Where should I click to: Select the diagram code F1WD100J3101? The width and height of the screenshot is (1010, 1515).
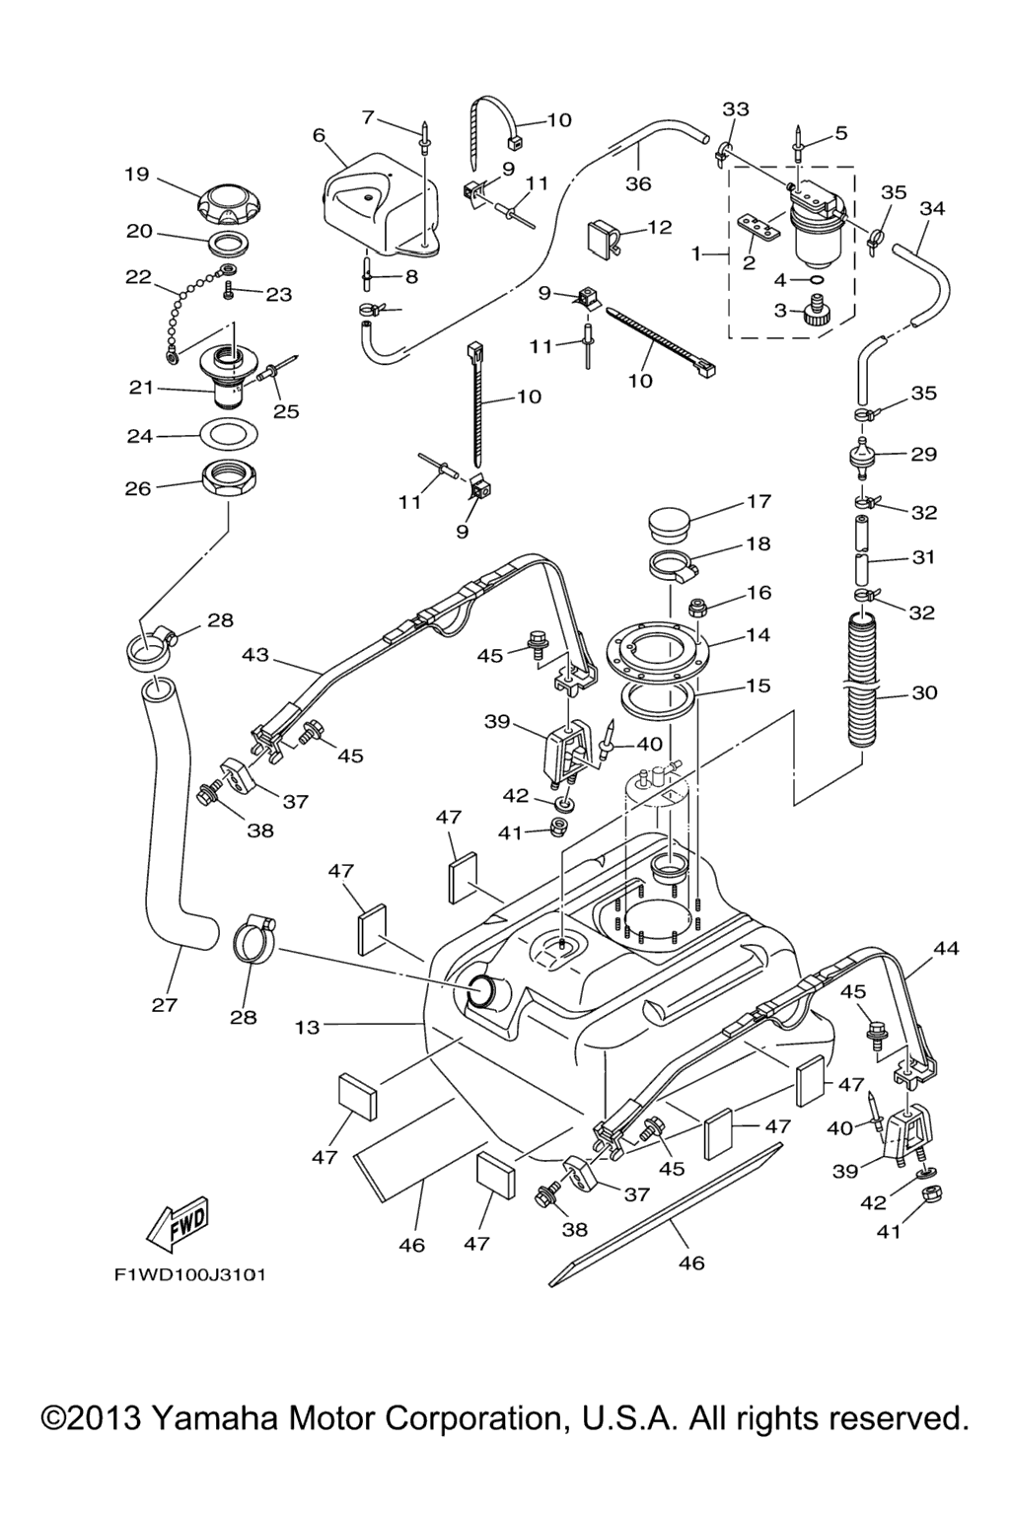(x=189, y=1275)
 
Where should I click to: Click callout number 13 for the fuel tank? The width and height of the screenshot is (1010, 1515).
(x=308, y=1027)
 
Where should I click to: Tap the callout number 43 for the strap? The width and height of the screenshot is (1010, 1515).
(x=254, y=653)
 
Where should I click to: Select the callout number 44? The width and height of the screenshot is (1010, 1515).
(x=945, y=949)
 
